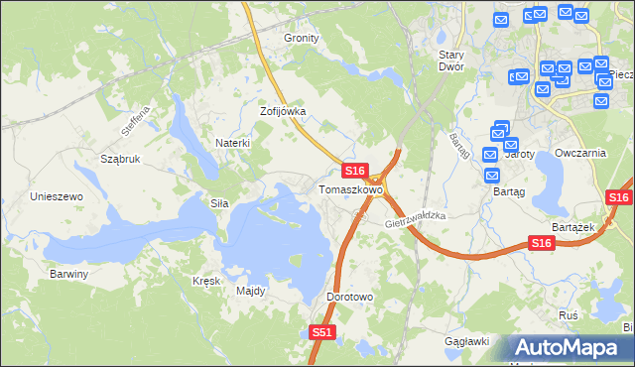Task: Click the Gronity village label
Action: click(302, 38)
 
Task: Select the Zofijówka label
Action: click(283, 112)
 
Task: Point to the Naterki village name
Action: click(232, 143)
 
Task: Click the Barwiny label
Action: click(69, 274)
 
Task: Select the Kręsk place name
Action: click(205, 281)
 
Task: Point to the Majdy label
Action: click(250, 292)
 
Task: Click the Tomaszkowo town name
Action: click(349, 189)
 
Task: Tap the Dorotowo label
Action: click(349, 297)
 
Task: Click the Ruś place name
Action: click(569, 314)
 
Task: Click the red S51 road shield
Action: click(321, 333)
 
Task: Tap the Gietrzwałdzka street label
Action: click(416, 219)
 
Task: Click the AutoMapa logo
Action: click(569, 348)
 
